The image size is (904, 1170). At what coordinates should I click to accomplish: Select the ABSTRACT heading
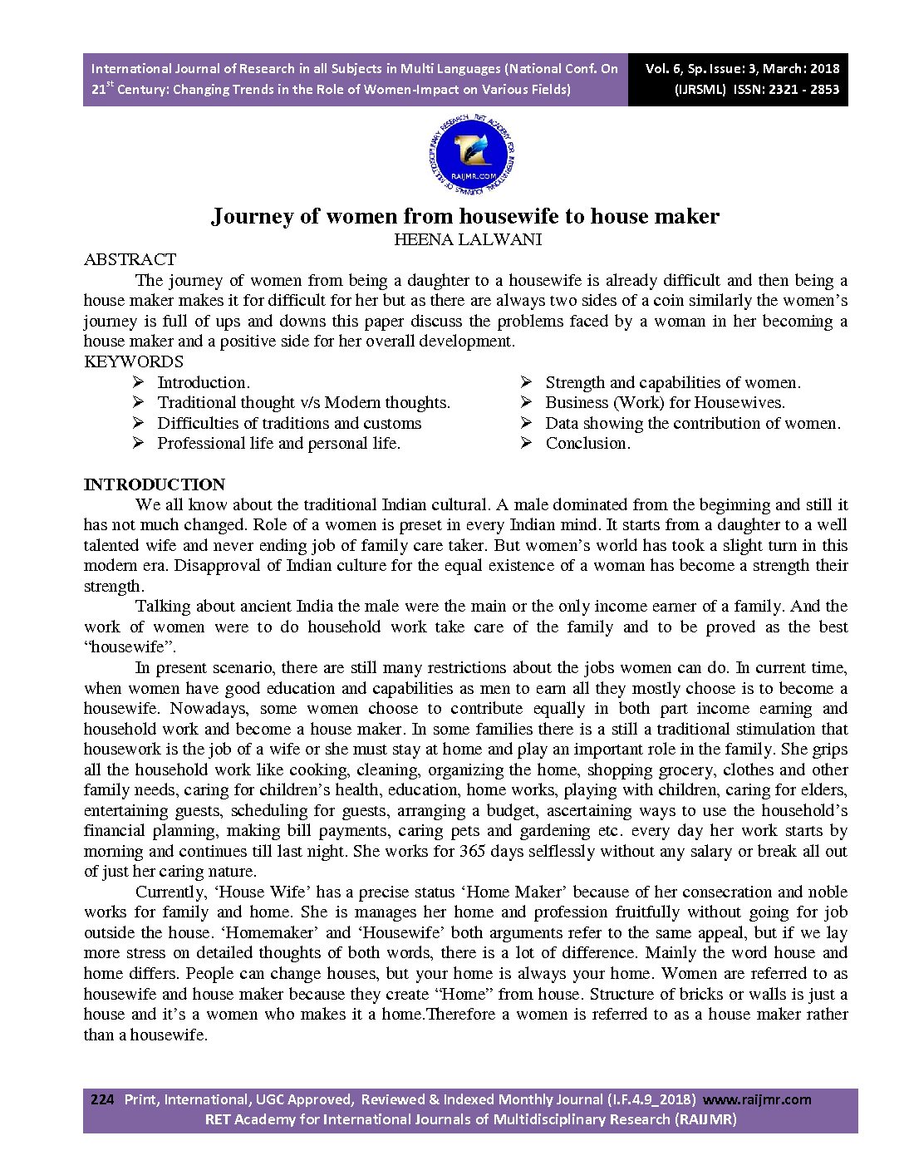click(130, 260)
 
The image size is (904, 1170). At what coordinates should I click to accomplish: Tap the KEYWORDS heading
click(134, 361)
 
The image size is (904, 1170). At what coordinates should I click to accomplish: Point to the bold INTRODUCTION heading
click(155, 484)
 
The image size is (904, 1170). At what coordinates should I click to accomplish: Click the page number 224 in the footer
click(101, 1099)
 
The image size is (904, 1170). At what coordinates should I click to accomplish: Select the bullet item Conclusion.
click(587, 444)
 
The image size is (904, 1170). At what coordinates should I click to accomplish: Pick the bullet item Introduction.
click(204, 383)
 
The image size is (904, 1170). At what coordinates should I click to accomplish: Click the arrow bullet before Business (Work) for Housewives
click(526, 403)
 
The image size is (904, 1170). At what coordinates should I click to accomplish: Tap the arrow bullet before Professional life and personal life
click(138, 444)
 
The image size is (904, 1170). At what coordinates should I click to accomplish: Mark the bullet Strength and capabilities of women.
click(672, 383)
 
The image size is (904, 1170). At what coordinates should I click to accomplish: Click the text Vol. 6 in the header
click(664, 69)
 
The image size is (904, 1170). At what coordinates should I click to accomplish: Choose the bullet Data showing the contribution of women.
click(692, 424)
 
